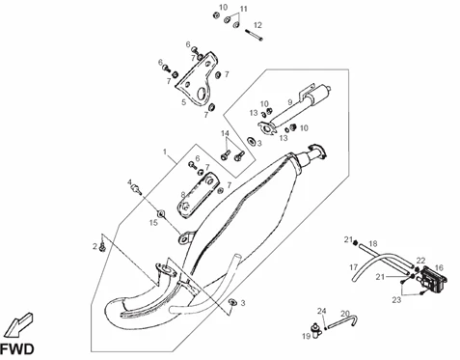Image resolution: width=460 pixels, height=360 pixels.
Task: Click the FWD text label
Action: point(16,349)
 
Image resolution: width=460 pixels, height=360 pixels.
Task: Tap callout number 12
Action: point(257,25)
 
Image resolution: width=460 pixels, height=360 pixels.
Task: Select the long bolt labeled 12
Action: point(254,35)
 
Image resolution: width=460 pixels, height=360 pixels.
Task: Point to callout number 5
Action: point(183,102)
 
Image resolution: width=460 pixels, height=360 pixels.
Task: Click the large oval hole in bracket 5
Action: point(202,94)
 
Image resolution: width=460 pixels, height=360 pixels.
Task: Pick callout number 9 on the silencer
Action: point(290,102)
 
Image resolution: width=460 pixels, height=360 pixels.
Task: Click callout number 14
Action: point(225,133)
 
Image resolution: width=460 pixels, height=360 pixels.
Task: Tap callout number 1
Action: point(165,152)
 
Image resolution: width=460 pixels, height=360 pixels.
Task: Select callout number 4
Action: point(130,182)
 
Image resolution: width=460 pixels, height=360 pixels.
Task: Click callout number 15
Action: point(153,222)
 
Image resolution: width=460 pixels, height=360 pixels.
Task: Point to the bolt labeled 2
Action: point(103,247)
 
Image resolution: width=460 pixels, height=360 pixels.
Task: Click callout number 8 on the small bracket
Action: point(183,195)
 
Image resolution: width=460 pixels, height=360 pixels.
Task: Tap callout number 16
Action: point(439,267)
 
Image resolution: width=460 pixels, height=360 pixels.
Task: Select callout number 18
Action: point(373,243)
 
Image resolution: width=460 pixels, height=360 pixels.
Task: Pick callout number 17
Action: point(354,267)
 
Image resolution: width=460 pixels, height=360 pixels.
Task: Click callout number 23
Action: point(396,300)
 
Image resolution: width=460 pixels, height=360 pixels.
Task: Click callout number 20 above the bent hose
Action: point(345,314)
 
